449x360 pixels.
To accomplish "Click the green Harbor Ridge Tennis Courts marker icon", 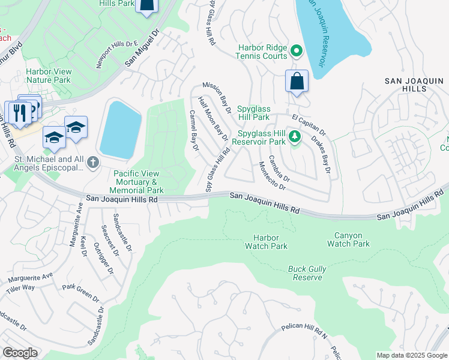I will tap(296, 51).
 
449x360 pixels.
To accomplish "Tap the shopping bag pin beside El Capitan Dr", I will tap(297, 82).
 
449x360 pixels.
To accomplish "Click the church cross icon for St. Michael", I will tap(92, 162).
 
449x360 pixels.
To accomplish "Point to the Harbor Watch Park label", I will tap(266, 242).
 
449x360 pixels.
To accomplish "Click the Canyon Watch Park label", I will tap(348, 239).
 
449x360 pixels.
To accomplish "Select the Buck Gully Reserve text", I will tap(307, 273).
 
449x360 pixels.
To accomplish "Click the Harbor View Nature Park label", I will tap(49, 76).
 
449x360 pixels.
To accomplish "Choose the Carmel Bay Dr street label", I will tap(194, 130).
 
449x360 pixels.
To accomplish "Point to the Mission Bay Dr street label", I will tap(217, 97).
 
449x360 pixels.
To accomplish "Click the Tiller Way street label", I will tap(20, 288).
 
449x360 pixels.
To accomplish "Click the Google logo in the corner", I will tap(20, 353).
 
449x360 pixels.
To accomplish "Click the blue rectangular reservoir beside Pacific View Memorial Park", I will tap(121, 130).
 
